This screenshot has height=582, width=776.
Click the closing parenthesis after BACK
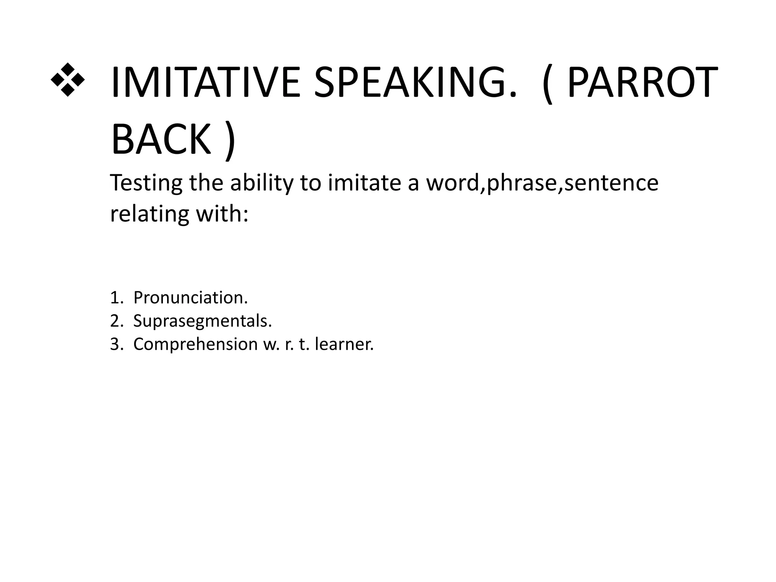(229, 141)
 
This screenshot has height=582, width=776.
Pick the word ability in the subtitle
(262, 183)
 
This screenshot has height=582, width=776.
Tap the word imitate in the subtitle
(364, 183)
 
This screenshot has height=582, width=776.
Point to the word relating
(149, 214)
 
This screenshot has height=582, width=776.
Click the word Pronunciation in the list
(190, 298)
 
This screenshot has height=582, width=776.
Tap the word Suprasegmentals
(202, 322)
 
